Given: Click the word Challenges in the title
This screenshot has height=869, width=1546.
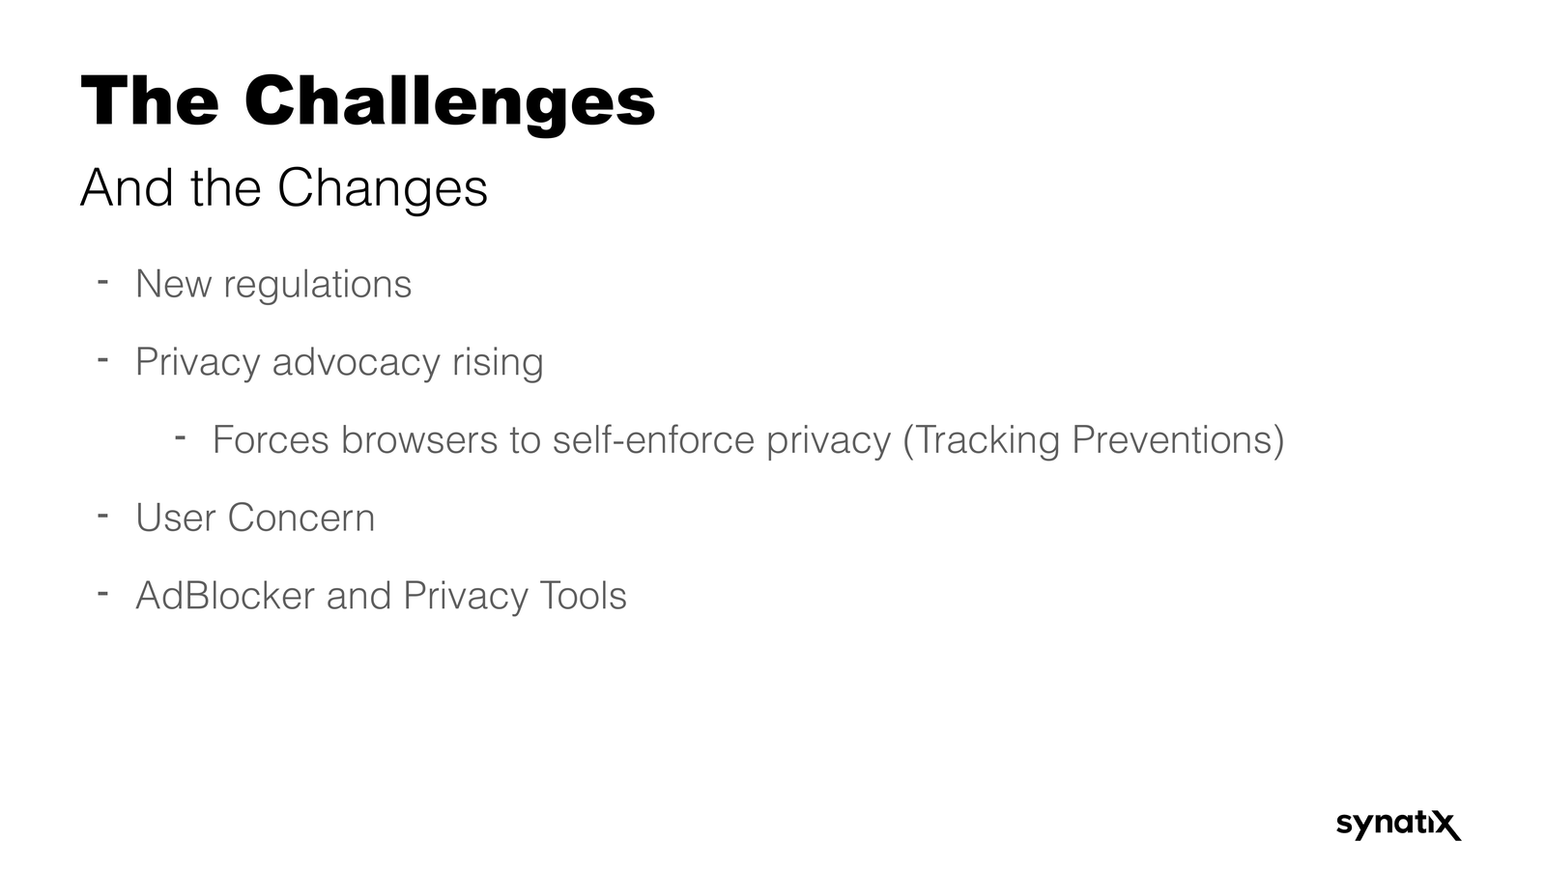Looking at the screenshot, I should (x=449, y=101).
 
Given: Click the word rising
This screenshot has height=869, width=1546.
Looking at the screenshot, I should (x=498, y=362).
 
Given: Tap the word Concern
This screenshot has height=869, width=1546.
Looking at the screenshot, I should (x=301, y=519).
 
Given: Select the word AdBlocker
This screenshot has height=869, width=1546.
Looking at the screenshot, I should (x=224, y=596).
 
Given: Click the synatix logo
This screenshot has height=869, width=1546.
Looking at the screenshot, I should (x=1398, y=824).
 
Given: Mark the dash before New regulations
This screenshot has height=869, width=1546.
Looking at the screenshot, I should (x=101, y=282).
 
